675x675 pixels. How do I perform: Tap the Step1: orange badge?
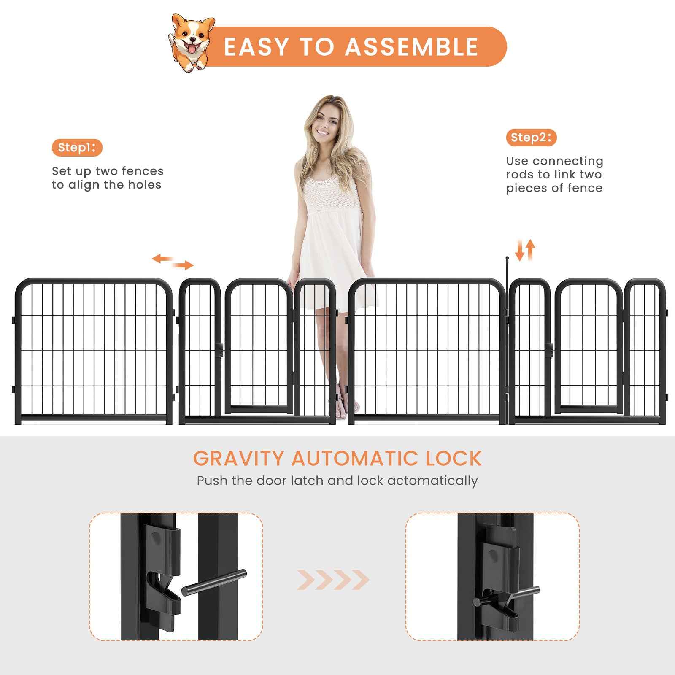pos(77,148)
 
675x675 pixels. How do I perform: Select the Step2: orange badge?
pos(531,138)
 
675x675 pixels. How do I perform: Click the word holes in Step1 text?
pos(145,185)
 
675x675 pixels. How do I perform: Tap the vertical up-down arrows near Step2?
pos(525,250)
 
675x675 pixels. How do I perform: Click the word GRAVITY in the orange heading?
pos(239,459)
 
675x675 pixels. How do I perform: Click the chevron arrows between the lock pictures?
pos(333,580)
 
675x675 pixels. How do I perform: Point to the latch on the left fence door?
pos(219,349)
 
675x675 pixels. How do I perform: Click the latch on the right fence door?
pos(549,349)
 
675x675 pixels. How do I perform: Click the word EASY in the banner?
pos(256,46)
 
